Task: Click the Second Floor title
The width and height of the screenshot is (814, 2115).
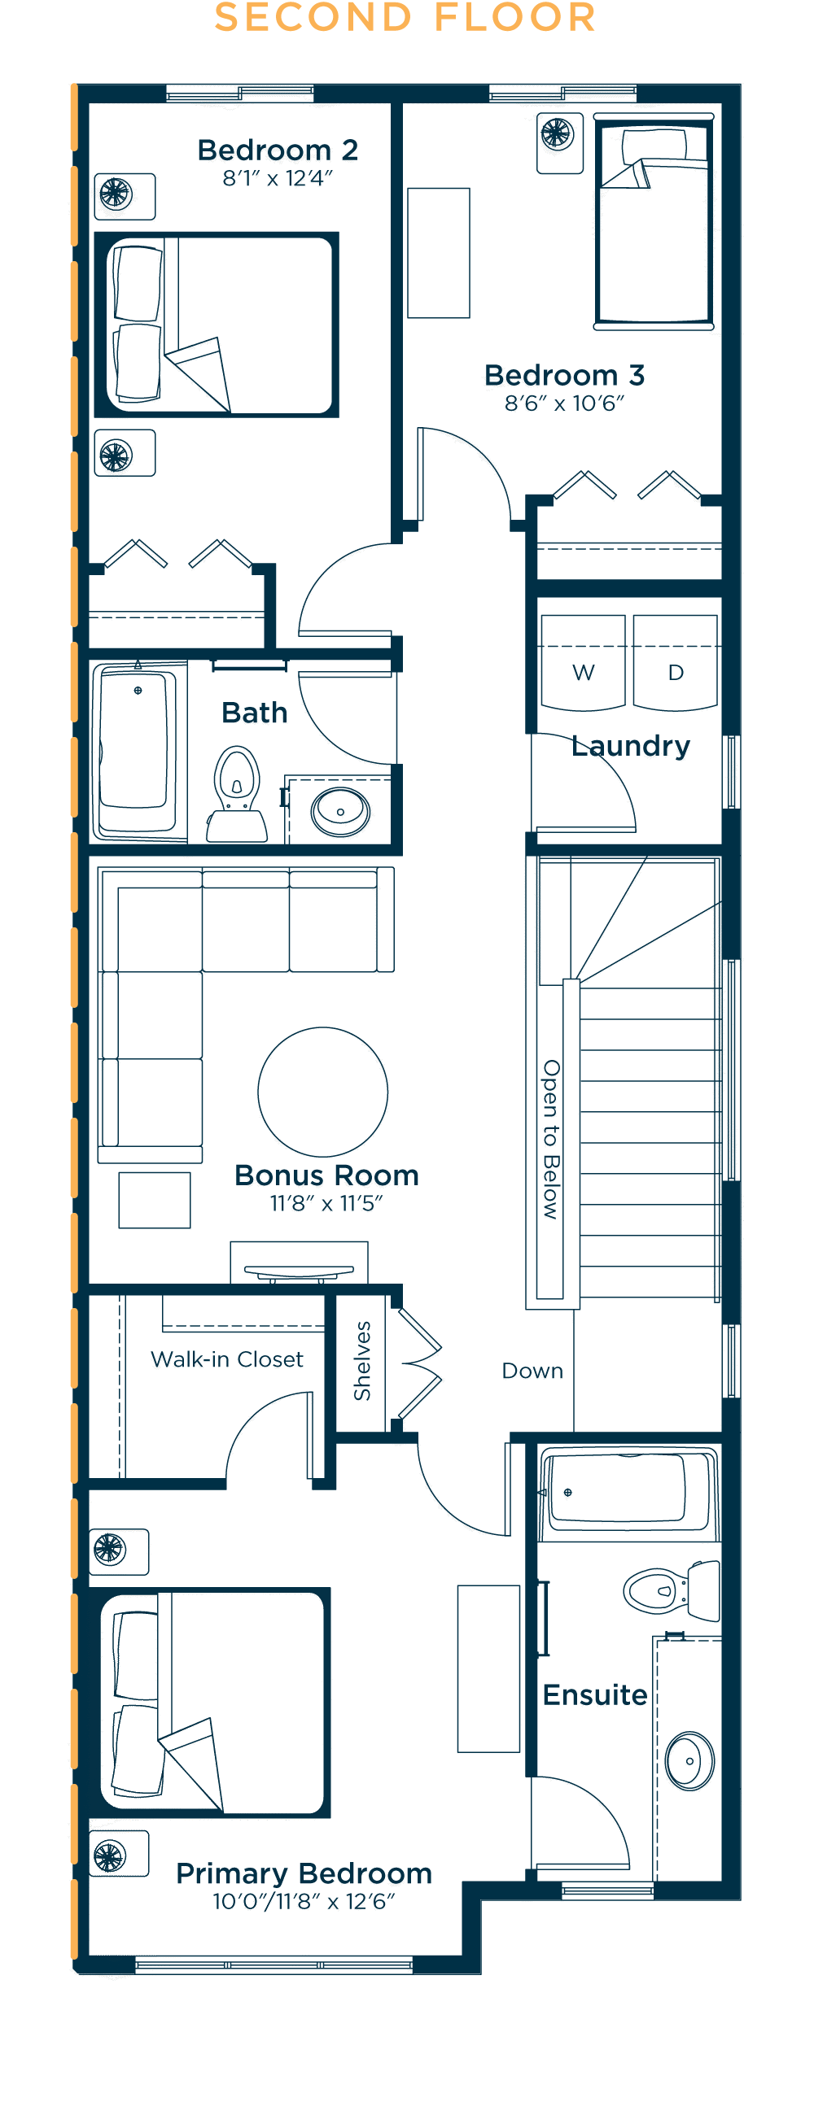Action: (x=405, y=17)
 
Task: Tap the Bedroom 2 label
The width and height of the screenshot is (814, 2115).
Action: (x=278, y=150)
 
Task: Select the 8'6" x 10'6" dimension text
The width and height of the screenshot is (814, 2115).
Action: (x=564, y=403)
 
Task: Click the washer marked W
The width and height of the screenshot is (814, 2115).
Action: (x=583, y=663)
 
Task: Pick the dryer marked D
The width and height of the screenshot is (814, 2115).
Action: (x=675, y=663)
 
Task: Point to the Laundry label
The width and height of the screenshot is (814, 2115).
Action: (x=631, y=745)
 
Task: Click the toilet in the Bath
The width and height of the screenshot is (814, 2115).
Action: (x=237, y=794)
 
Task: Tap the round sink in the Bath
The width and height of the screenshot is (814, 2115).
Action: (x=340, y=812)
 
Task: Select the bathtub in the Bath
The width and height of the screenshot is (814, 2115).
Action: (x=138, y=751)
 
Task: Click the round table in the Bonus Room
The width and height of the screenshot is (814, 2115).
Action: (x=323, y=1091)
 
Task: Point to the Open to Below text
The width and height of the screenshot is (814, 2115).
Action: (x=551, y=1140)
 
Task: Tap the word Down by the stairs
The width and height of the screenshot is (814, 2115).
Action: (x=532, y=1371)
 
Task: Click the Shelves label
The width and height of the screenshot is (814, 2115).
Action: (x=361, y=1360)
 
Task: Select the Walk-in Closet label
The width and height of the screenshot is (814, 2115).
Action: (x=227, y=1358)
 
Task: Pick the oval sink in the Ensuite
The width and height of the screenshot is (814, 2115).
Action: (x=690, y=1760)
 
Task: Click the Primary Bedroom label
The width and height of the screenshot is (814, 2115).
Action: (x=304, y=1873)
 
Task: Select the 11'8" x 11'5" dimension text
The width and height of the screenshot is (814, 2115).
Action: (x=327, y=1203)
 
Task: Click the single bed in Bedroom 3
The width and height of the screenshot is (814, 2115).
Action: (x=654, y=222)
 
